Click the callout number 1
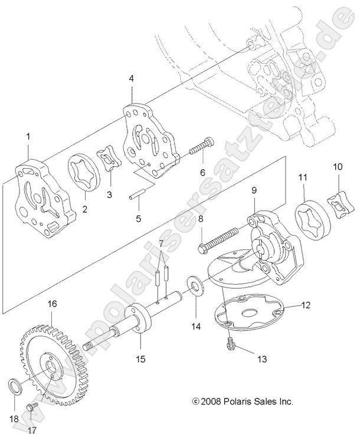(28, 137)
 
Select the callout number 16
(53, 304)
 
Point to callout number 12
(305, 305)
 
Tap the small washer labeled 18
(17, 387)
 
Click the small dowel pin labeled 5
(137, 194)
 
